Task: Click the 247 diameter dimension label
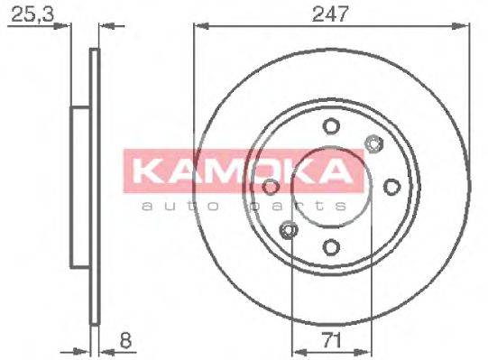coord(331,14)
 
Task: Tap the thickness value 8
coord(125,340)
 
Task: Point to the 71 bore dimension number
coord(330,340)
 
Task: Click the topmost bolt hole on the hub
coord(331,126)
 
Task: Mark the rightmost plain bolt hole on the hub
coord(391,187)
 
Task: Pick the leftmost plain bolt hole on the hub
coord(271,187)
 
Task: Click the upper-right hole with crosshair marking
coord(373,143)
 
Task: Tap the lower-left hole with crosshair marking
coord(289,231)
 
